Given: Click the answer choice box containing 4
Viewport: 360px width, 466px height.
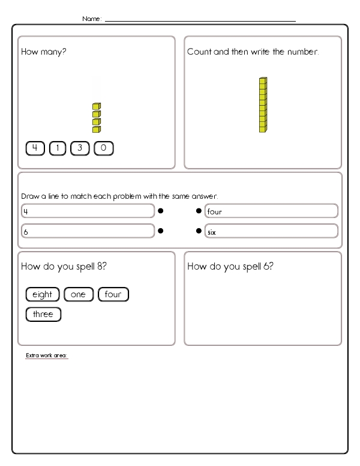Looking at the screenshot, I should (x=35, y=148).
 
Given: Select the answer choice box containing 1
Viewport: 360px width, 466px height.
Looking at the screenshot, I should (x=58, y=148).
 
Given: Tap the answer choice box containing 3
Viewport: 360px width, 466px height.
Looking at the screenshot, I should (x=80, y=148).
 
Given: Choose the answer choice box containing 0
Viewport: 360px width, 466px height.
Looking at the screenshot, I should (x=103, y=148).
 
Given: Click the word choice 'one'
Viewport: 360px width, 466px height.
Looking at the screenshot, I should (x=78, y=294).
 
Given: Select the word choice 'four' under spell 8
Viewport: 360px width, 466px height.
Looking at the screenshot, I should (x=113, y=294).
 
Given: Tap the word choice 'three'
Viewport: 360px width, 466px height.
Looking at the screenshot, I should (x=43, y=314).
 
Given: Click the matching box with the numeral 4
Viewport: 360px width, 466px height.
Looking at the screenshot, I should (x=88, y=211).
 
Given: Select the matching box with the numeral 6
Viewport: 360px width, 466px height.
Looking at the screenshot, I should (x=88, y=231).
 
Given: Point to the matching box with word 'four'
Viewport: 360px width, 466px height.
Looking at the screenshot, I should (x=271, y=211).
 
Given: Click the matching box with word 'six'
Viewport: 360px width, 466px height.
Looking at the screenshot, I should (x=271, y=231).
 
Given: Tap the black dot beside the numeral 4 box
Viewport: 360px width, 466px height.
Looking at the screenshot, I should (x=161, y=211).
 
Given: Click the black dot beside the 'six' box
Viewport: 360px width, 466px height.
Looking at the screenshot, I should (x=199, y=231).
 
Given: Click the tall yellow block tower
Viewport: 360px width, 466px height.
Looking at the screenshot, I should (x=262, y=104).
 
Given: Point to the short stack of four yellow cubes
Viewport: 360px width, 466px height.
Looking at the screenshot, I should (x=96, y=118).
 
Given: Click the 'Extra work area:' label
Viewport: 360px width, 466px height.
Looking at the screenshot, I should (x=47, y=356).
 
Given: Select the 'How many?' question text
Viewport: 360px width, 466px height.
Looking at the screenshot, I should (x=44, y=52).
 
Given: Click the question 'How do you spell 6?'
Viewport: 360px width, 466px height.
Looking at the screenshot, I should (x=230, y=266).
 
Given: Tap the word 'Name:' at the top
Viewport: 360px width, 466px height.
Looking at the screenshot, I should (x=92, y=19).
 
